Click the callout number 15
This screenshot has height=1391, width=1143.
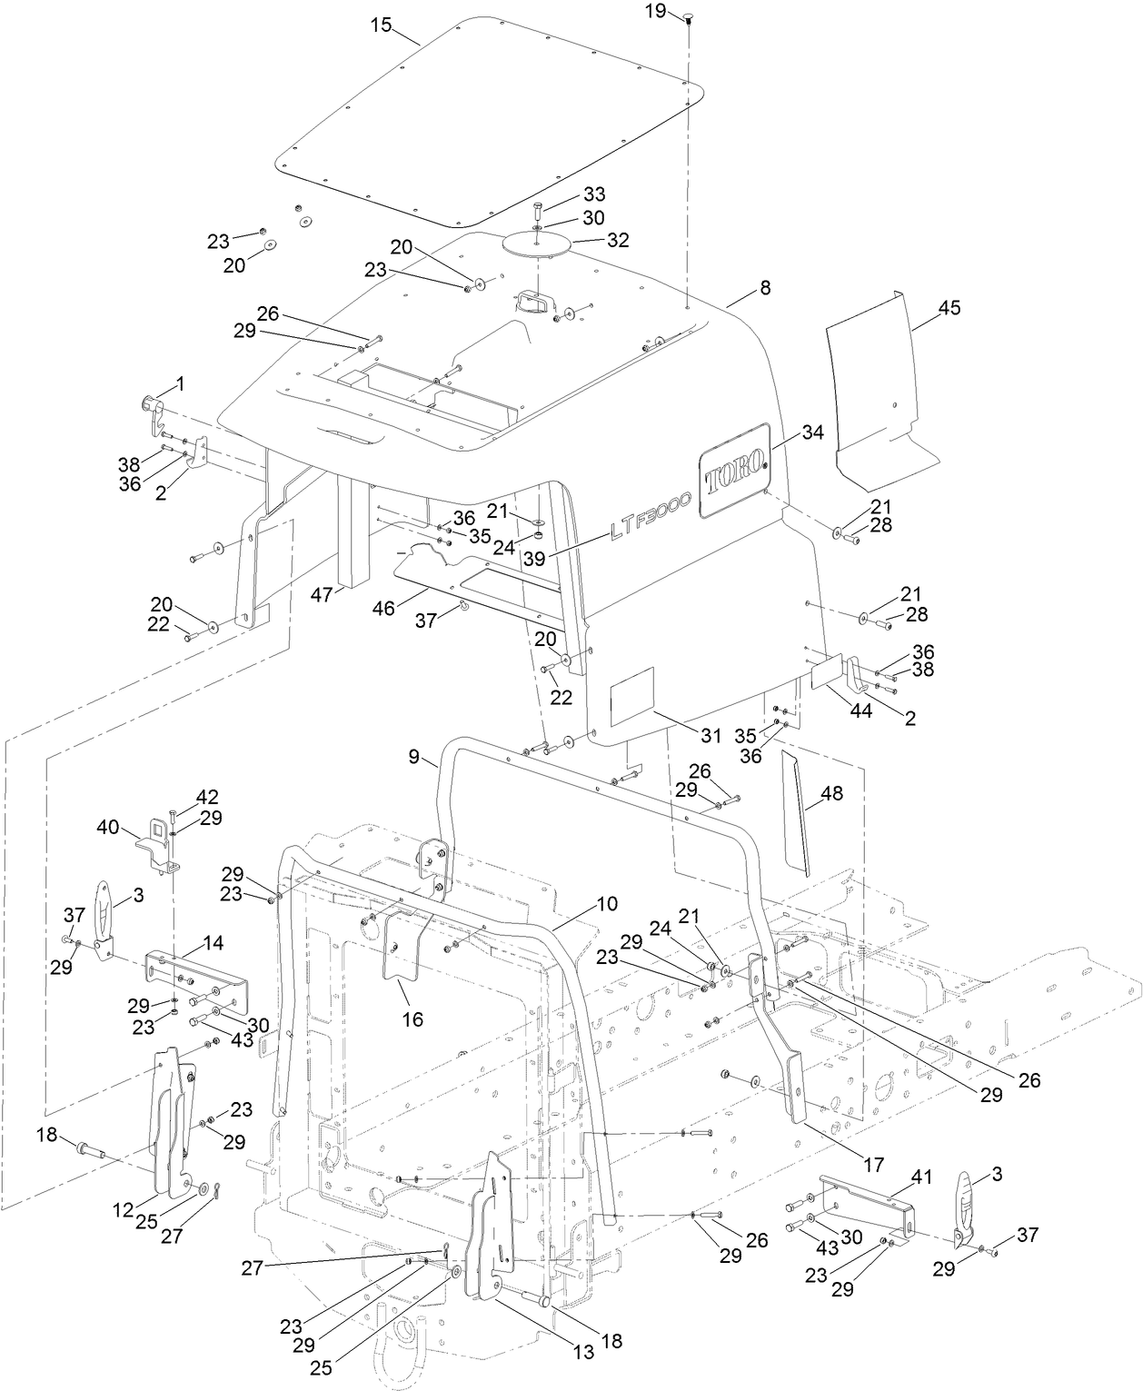[x=381, y=25]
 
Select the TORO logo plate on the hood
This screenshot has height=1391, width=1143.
[x=733, y=471]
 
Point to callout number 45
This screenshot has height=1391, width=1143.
[x=949, y=308]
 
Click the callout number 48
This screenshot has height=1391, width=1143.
[x=831, y=793]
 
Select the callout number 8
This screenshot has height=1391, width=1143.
[x=765, y=287]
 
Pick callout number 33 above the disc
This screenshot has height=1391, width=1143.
[x=594, y=194]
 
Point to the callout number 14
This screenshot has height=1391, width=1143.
[x=214, y=942]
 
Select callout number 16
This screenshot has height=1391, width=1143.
[x=412, y=1019]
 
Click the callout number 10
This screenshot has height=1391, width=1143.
[x=607, y=904]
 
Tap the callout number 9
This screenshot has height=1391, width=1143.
[x=415, y=756]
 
